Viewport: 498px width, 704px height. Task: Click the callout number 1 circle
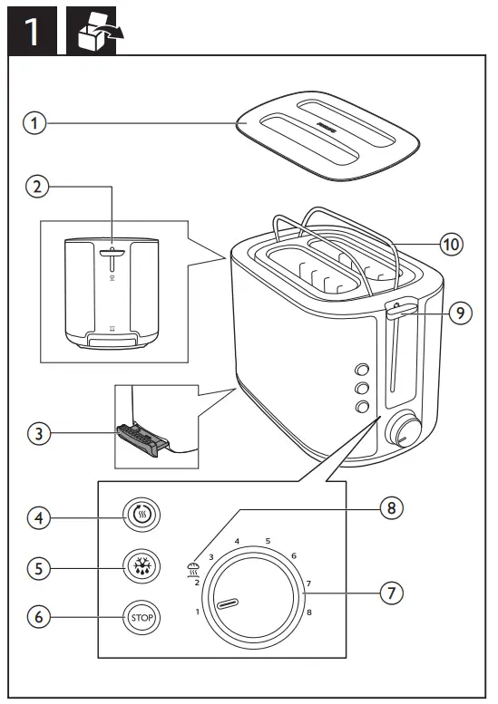pos(34,124)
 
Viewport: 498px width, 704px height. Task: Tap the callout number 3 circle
pos(34,433)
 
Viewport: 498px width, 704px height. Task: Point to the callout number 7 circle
pos(391,593)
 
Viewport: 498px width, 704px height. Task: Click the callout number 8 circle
pos(391,507)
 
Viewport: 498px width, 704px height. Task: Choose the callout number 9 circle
pos(461,313)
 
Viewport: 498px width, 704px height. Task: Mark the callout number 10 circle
pos(452,244)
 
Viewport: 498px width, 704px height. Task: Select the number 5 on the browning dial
pos(268,542)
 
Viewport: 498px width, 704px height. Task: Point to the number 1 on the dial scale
pos(197,612)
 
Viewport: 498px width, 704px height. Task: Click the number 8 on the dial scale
pos(309,613)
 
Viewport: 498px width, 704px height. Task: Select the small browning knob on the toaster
pos(404,431)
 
